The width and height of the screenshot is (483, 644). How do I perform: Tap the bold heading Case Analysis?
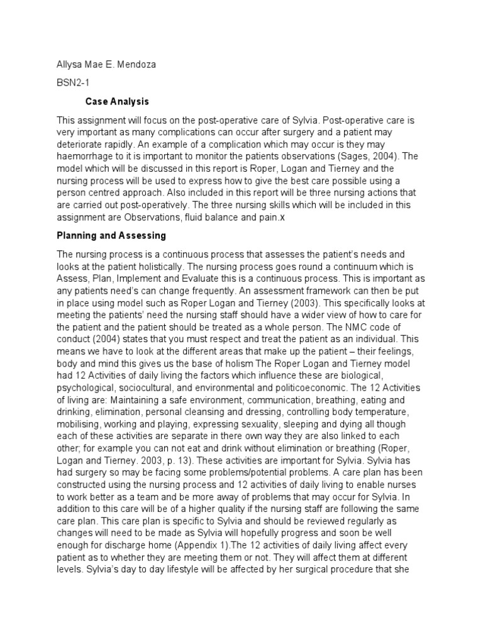click(117, 101)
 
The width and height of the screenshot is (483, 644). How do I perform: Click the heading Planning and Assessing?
click(111, 235)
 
